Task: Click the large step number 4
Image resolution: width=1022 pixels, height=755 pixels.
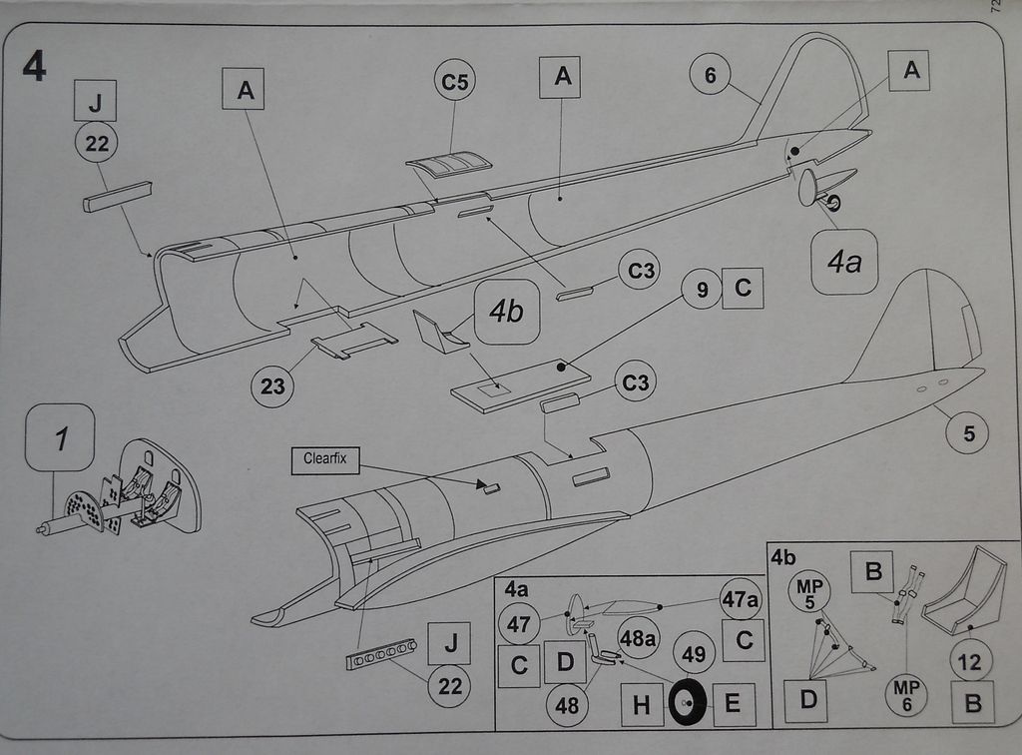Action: click(33, 65)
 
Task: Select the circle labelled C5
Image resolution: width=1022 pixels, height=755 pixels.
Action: click(454, 82)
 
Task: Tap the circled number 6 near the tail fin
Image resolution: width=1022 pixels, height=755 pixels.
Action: click(710, 75)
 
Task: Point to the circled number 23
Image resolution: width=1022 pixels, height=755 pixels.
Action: click(273, 385)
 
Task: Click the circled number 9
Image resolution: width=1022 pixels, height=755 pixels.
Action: click(702, 291)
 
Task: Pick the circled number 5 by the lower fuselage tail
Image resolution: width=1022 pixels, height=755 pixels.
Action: click(969, 433)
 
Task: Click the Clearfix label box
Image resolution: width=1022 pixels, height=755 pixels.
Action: click(324, 461)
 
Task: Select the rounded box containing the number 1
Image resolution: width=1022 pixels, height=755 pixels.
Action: click(60, 438)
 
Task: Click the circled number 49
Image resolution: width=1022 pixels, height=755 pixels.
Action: click(694, 654)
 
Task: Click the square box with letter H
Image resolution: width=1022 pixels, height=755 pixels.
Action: click(641, 705)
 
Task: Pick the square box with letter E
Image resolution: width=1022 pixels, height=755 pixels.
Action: click(732, 704)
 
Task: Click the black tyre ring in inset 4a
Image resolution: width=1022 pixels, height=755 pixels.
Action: click(688, 703)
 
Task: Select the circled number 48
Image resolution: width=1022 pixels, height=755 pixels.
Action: click(567, 705)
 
